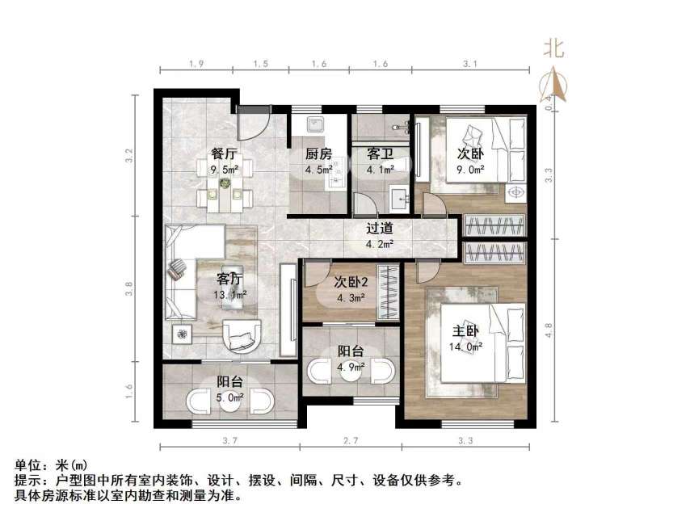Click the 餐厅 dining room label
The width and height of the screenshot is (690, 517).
pos(224,153)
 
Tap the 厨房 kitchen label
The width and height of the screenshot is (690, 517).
pos(318,153)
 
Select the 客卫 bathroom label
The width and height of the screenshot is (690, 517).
pos(380,153)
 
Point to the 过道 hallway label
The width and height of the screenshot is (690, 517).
pos(380,229)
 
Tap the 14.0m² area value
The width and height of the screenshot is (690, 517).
pos(466,347)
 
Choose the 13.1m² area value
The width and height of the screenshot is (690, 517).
pos(230,295)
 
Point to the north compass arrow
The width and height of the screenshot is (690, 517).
pos(553,85)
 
